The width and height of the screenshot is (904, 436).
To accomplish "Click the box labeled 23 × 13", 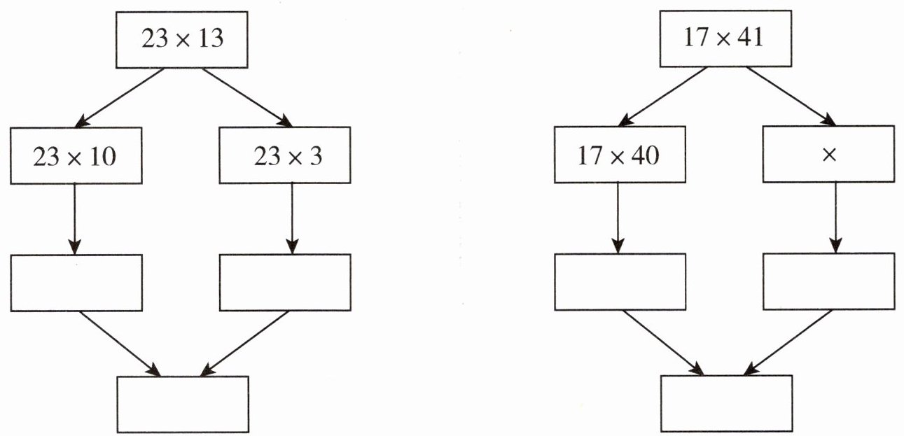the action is click(183, 39).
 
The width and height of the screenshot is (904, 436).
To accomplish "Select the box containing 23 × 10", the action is click(76, 155).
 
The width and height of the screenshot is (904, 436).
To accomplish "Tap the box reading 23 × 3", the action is click(284, 155).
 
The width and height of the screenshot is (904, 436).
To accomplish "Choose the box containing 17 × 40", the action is click(619, 155).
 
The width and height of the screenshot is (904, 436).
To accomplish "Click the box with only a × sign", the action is click(828, 155).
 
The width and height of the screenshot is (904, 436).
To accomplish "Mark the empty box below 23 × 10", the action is click(76, 282).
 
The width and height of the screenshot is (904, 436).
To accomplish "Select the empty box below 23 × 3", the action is click(284, 282).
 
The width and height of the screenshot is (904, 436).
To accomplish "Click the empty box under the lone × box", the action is click(828, 282).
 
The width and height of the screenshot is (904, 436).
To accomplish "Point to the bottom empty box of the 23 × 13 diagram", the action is click(183, 405).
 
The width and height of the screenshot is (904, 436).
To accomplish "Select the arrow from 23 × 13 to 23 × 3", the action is click(247, 97).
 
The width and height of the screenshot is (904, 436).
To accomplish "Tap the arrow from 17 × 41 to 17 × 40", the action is click(663, 97).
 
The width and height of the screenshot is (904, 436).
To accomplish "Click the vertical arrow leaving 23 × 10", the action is click(74, 217).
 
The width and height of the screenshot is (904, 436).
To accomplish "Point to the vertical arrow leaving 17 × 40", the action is click(618, 217).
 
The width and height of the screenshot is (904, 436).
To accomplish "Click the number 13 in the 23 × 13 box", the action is click(210, 39).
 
